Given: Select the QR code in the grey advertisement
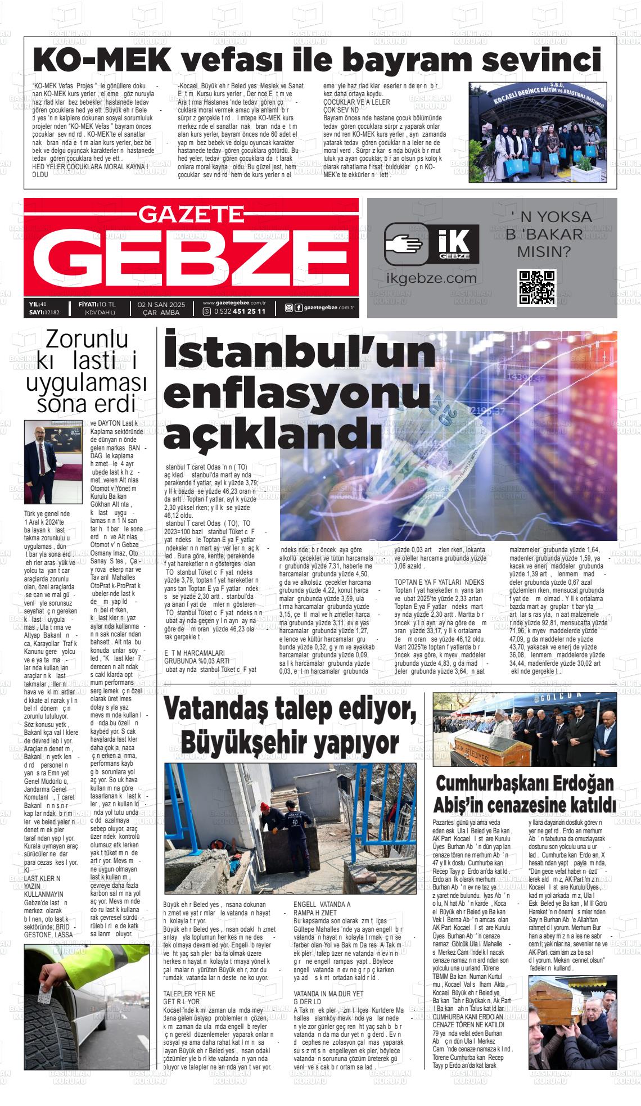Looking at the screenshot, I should pos(537,287).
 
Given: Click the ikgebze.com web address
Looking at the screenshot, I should pos(432,278).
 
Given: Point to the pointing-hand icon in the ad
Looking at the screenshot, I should pos(403,245).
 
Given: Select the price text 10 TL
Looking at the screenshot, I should pos(106,304).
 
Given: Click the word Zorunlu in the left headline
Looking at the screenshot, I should pos(87,340).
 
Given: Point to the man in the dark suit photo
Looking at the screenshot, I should pos(44,462).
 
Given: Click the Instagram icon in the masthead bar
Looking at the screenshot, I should pos(288,307).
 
